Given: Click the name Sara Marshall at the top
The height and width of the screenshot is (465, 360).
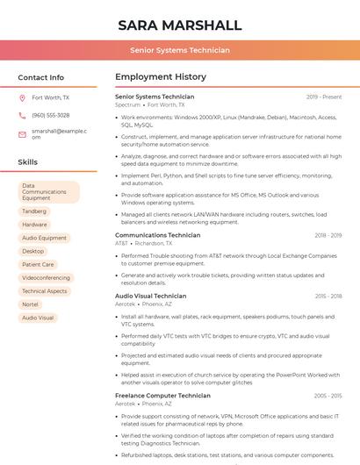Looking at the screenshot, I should (x=179, y=25).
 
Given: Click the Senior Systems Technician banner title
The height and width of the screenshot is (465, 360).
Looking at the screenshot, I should (x=179, y=50).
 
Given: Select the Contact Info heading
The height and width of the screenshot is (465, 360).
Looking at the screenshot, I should (x=40, y=77).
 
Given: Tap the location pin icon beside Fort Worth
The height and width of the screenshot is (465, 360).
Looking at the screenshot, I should (x=22, y=98).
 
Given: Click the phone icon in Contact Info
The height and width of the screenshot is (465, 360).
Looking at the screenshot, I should (x=22, y=115).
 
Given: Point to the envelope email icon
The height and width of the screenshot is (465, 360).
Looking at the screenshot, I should (x=22, y=133).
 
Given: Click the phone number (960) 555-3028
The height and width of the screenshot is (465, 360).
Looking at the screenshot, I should (x=50, y=115).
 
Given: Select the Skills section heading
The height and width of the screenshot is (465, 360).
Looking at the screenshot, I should (x=28, y=162).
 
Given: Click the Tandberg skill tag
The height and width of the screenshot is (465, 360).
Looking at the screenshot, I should (x=34, y=211).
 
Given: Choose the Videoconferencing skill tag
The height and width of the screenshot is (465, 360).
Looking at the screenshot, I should (x=47, y=277).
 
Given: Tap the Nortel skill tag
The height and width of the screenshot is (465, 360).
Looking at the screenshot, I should (x=30, y=304).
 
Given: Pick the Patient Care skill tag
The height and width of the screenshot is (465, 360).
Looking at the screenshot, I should (x=38, y=264).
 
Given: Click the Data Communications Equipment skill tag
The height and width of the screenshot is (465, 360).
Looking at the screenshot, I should (x=47, y=192).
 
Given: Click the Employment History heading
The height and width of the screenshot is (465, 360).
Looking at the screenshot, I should (x=161, y=77).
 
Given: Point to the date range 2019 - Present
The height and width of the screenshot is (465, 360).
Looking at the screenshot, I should (x=324, y=97).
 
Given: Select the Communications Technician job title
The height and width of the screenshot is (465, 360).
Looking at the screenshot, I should (x=157, y=235).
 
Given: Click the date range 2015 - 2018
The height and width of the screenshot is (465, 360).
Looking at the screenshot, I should (x=328, y=297).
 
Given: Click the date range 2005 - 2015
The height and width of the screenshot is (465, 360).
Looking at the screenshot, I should (x=328, y=396).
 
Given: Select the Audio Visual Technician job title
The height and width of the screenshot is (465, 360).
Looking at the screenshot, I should (x=150, y=297).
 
